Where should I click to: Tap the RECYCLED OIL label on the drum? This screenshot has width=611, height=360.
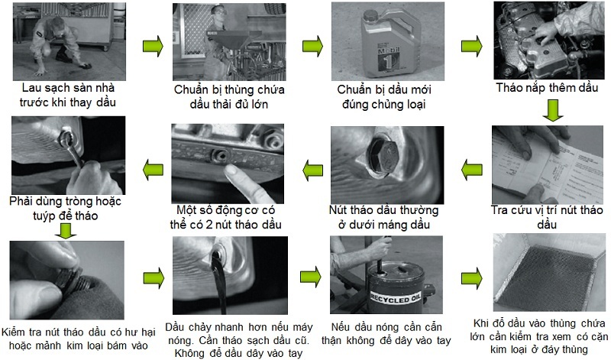[x=395, y=298]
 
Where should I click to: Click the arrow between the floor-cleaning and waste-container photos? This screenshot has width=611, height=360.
[x=153, y=47]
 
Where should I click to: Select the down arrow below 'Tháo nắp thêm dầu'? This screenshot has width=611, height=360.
[x=553, y=110]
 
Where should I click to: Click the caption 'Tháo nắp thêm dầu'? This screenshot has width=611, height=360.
[x=547, y=87]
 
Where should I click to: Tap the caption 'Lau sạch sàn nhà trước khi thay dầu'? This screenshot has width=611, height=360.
[x=68, y=95]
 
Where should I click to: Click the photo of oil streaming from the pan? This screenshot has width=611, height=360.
[x=230, y=275]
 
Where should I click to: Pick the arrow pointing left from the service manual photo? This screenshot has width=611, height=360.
[x=471, y=170]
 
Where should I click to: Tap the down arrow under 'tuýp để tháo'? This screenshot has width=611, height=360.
[x=66, y=231]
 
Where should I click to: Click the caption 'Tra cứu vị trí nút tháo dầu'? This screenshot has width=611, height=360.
[x=547, y=217]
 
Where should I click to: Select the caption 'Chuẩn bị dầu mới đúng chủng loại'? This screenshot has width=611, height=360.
[x=384, y=97]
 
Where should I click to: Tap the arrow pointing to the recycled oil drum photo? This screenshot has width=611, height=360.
[x=311, y=277]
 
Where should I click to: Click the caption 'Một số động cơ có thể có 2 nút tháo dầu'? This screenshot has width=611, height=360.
[x=225, y=217]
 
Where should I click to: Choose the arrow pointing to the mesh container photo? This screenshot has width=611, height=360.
[x=471, y=278]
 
